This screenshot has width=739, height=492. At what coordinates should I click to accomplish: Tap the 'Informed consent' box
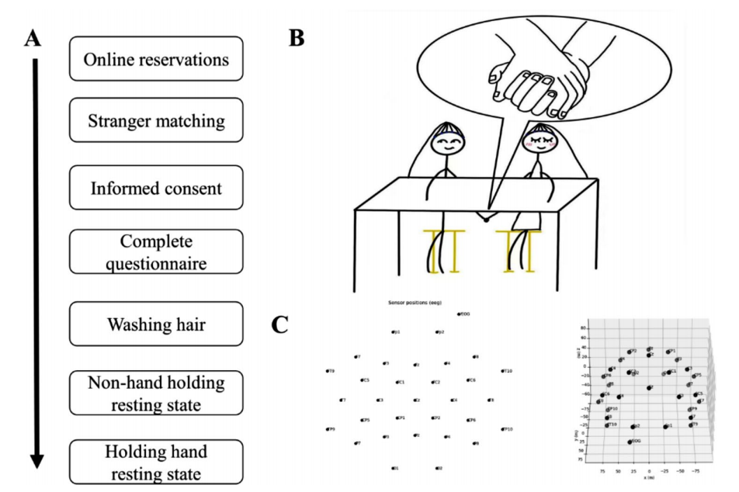coord(157,189)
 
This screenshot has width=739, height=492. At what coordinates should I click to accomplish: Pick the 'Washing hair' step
coord(157,324)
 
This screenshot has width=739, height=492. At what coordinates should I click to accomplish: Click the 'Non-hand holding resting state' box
coord(157,393)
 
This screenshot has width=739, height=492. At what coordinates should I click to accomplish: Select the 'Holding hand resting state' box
coord(157,461)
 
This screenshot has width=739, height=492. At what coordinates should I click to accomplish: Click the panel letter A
coord(33,39)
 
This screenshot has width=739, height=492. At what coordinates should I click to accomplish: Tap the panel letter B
coord(296,39)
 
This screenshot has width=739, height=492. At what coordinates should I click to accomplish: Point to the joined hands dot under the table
coord(486,220)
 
